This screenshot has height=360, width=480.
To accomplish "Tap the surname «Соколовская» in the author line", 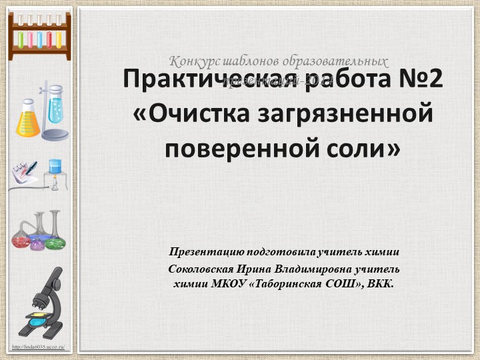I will point(200,269).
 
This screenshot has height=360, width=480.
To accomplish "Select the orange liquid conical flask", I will point(27,120).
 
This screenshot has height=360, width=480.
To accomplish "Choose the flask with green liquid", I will point(55,237).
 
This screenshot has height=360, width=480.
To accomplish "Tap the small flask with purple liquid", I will point(37,243).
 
